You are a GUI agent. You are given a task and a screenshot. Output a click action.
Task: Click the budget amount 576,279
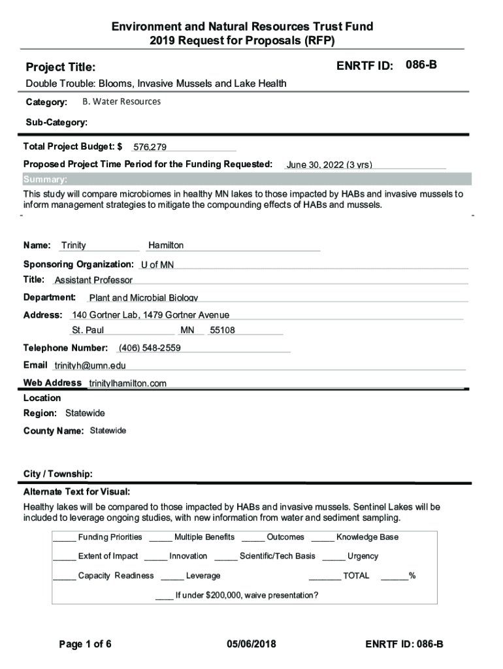150,148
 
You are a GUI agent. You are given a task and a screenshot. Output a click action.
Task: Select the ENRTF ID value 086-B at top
421,65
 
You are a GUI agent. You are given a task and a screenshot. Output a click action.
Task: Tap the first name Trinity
73,246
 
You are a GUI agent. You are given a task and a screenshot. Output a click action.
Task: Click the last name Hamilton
166,246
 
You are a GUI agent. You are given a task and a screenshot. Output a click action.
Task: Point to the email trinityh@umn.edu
90,366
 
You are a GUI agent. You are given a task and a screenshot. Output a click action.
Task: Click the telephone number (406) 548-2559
150,348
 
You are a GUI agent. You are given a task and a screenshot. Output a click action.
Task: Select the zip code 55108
222,331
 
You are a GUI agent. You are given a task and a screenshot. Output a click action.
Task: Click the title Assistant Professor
93,280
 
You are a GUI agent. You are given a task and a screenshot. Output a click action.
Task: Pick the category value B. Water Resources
122,102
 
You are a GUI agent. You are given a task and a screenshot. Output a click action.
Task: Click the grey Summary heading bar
246,180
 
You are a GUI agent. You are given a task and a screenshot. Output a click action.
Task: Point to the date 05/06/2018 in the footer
252,645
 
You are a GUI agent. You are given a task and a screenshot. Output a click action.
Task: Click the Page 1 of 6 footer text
85,645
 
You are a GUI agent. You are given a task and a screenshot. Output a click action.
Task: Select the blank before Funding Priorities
64,538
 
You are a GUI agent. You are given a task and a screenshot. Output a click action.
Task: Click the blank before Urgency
333,557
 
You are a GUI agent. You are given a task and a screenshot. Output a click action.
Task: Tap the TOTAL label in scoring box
356,576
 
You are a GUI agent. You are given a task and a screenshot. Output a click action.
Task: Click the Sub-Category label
56,122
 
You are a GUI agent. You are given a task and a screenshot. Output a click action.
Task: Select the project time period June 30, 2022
329,165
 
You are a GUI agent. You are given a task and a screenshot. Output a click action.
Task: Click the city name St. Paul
88,331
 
